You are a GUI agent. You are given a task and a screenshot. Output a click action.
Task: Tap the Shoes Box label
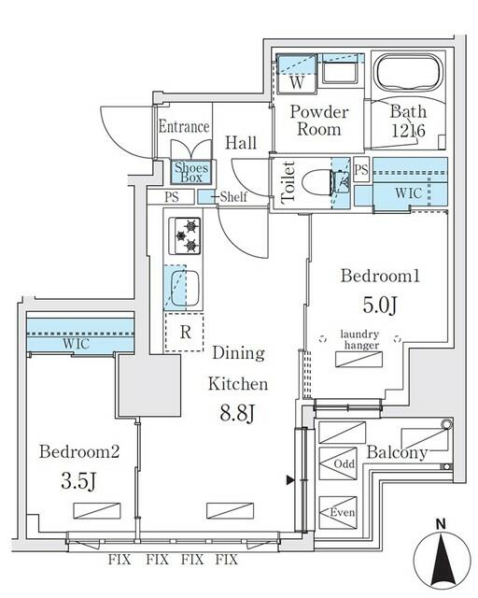click(x=194, y=173)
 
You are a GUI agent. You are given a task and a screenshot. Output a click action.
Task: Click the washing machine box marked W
click(x=296, y=80)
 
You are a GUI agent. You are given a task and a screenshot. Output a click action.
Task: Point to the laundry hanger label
click(x=358, y=340)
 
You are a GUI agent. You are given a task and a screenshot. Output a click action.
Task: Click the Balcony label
click(x=397, y=453)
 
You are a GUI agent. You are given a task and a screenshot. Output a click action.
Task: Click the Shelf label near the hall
click(x=233, y=197)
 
